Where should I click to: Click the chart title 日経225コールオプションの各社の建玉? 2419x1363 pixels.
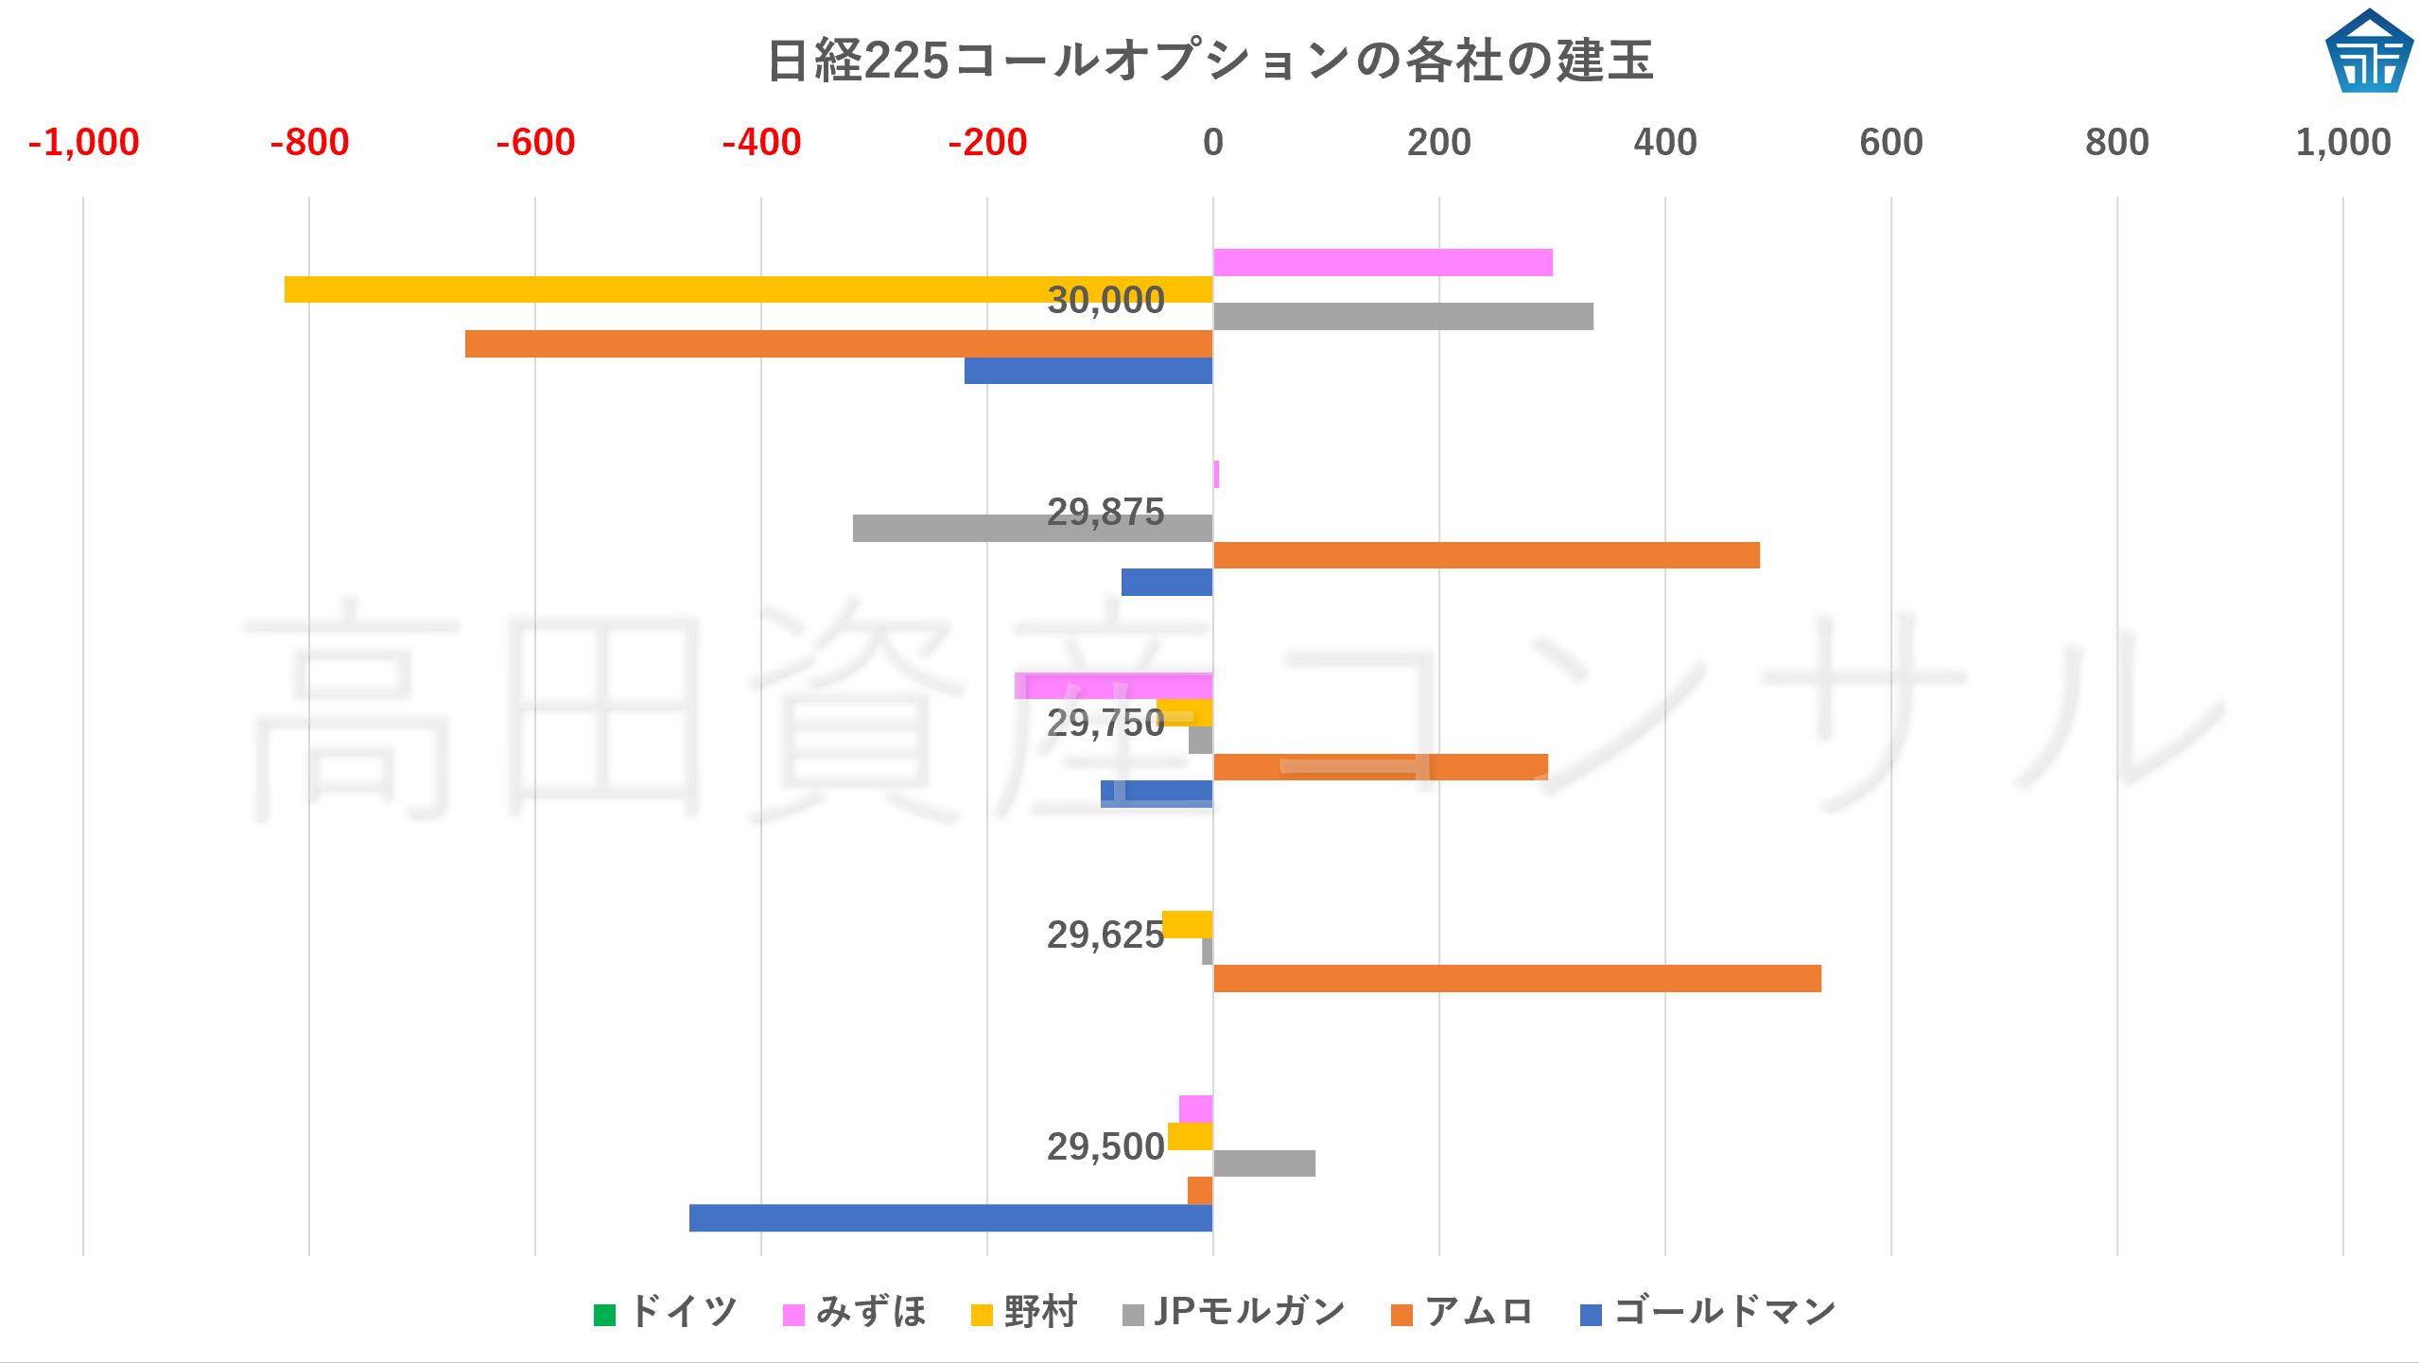(x=1209, y=61)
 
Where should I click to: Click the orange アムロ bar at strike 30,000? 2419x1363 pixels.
(x=838, y=343)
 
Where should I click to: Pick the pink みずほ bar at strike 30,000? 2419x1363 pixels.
(x=1383, y=263)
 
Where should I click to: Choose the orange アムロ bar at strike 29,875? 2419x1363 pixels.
(x=1486, y=555)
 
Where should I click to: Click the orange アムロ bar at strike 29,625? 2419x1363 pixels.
(x=1517, y=978)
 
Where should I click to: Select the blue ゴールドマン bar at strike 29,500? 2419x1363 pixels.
(x=950, y=1217)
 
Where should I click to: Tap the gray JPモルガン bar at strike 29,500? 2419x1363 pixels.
(x=1263, y=1163)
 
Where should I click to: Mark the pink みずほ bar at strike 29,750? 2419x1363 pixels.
(x=1113, y=686)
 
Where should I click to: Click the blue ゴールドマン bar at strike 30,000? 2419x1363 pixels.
(x=1088, y=371)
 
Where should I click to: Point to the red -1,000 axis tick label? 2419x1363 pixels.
(x=83, y=143)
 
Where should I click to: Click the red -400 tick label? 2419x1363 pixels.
(x=761, y=143)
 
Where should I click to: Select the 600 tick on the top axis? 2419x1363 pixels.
(x=1890, y=143)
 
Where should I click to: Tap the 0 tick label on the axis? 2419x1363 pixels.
(x=1212, y=143)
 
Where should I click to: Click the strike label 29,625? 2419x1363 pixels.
(x=1105, y=935)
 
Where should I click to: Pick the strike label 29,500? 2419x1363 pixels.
(x=1105, y=1147)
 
